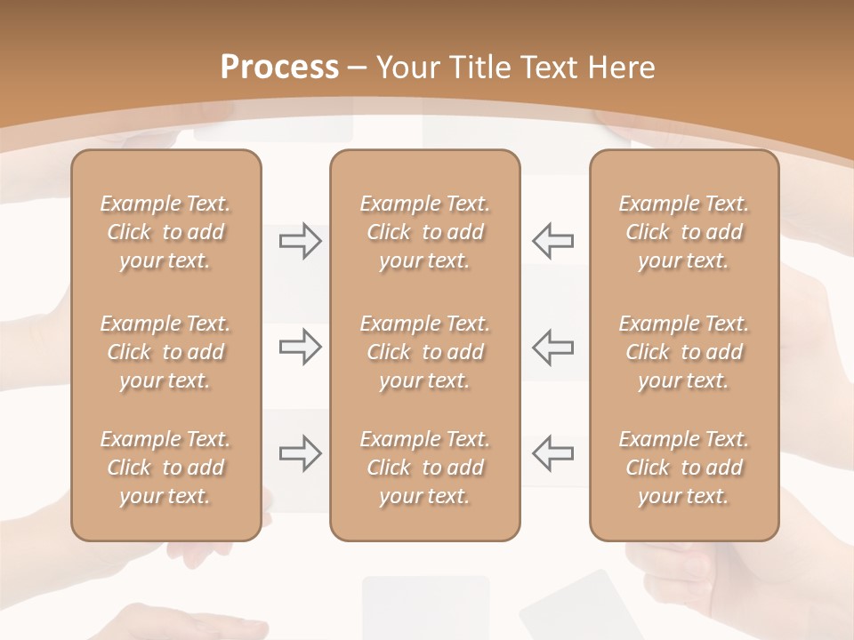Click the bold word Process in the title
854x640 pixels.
279,67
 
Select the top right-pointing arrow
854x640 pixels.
300,241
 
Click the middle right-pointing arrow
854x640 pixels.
300,347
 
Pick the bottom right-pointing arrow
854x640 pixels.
300,453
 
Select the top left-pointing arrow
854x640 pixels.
552,241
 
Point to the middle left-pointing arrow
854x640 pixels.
552,347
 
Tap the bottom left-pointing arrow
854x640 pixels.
552,453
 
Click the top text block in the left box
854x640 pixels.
165,232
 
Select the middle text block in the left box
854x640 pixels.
165,352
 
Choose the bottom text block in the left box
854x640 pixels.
165,468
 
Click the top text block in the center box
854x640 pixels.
425,232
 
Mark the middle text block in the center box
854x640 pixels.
425,352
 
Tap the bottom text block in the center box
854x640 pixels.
425,468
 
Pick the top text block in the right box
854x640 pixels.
684,232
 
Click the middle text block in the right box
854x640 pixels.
684,352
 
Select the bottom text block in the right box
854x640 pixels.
684,468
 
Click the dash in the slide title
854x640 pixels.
358,68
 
